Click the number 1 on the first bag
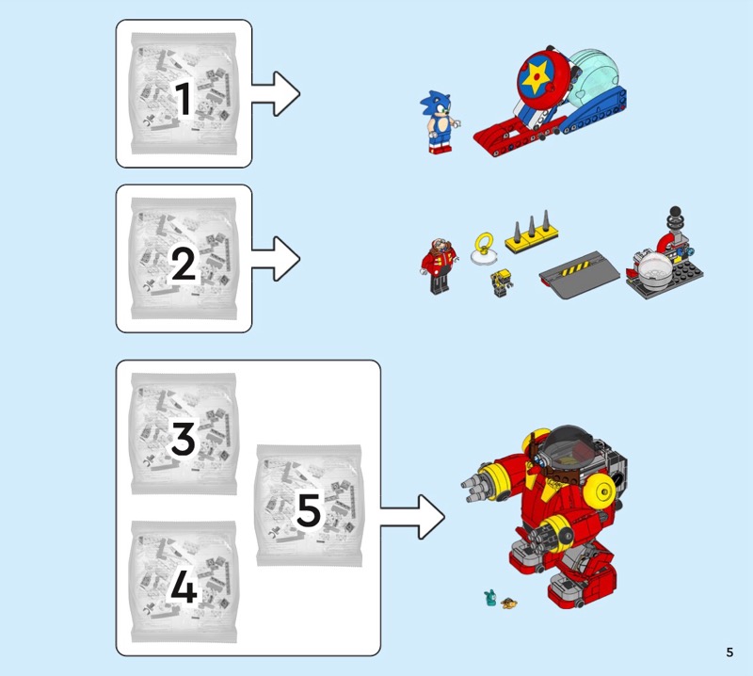point(184,99)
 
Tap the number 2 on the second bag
point(184,264)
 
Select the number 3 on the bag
point(183,438)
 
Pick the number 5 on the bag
point(309,510)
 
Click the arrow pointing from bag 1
point(276,94)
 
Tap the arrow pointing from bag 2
point(276,259)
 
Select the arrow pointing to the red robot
point(412,517)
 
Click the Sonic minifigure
point(439,122)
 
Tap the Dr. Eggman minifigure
point(439,266)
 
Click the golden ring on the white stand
point(485,243)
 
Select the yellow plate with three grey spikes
point(532,232)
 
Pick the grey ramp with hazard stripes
point(580,275)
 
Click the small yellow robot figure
point(501,283)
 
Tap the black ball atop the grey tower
point(675,212)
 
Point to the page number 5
point(729,652)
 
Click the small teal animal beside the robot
point(490,598)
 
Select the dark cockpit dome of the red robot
point(571,446)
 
